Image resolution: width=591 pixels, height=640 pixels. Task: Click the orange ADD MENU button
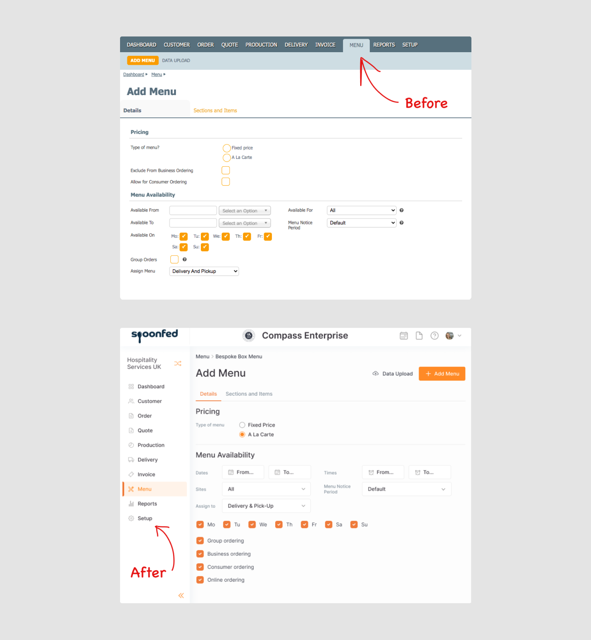(142, 60)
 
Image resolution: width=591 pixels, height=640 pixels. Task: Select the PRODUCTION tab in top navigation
(261, 45)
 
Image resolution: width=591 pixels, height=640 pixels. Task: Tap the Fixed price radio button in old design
(227, 148)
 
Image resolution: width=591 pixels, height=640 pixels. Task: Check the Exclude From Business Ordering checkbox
(226, 170)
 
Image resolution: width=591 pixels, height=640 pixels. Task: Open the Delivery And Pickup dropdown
(204, 271)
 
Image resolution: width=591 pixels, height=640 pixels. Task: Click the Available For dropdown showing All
(362, 210)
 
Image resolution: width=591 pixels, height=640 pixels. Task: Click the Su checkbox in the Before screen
(205, 247)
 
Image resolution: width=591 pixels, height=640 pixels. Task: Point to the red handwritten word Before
(426, 103)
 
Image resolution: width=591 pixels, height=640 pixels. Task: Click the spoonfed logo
(155, 335)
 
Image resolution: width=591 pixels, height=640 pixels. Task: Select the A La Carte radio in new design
(242, 435)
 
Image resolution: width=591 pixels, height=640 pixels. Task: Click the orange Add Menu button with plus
(442, 374)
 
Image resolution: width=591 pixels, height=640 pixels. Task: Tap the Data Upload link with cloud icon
(392, 374)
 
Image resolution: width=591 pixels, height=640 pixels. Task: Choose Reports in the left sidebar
(147, 504)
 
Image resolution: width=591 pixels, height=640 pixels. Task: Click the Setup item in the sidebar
(145, 518)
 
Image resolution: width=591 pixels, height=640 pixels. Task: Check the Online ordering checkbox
(200, 580)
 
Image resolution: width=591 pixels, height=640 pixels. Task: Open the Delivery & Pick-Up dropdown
(266, 506)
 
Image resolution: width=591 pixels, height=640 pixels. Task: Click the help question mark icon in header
(434, 336)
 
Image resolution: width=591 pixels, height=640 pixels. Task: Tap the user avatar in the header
(449, 336)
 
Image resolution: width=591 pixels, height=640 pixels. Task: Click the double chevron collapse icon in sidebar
(181, 596)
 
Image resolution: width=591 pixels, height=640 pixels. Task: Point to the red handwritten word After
(148, 573)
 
